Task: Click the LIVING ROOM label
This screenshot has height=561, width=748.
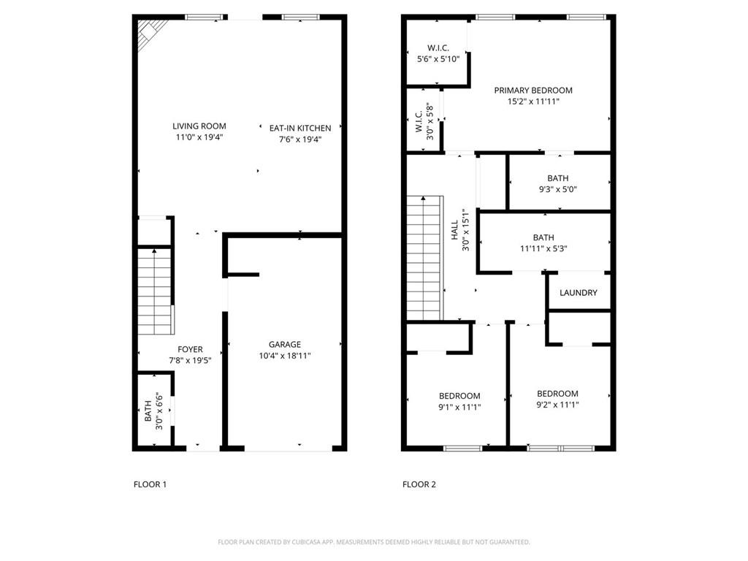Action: pos(199,126)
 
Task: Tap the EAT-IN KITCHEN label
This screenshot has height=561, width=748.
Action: pos(295,128)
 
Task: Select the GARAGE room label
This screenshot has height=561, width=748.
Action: pos(284,344)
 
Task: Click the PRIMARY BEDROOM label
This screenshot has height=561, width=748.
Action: pos(533,91)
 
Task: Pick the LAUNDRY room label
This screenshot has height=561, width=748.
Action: pos(578,293)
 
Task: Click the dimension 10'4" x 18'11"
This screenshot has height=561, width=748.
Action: pos(284,356)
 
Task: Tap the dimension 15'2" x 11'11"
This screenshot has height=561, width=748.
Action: pos(533,102)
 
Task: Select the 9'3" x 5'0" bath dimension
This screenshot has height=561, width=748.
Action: pos(557,189)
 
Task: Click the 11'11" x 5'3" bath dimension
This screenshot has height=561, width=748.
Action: pos(543,248)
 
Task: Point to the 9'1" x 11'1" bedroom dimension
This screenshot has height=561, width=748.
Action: pos(459,407)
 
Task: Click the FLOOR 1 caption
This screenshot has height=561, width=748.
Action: pos(150,484)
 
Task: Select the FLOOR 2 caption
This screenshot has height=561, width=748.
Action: pos(419,484)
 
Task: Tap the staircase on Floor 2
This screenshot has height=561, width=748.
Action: pos(424,259)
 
